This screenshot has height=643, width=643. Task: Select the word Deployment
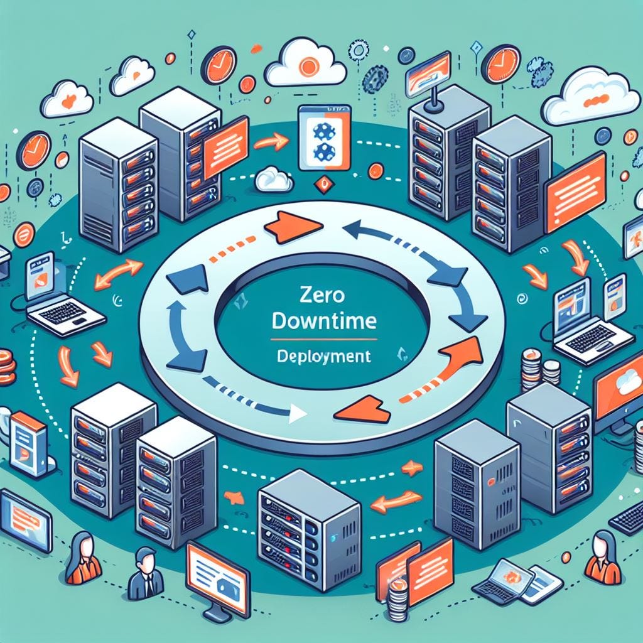324,357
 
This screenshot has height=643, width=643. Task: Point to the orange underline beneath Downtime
323,340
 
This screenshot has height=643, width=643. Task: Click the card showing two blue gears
325,138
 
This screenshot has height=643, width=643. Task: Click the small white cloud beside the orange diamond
274,180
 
